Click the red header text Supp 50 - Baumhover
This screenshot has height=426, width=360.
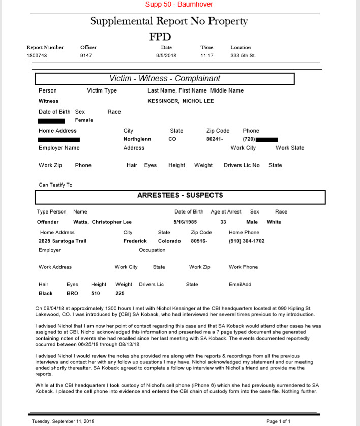tap(179, 5)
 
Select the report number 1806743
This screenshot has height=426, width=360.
tap(37, 55)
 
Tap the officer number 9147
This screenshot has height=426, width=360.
tap(86, 55)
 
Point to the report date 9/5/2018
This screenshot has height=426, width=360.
tap(166, 55)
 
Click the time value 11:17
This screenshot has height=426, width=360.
tap(207, 55)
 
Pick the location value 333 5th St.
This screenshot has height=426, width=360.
tap(243, 55)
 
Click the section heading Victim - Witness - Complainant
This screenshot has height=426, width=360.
tap(165, 79)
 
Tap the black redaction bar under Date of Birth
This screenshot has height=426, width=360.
tap(52, 121)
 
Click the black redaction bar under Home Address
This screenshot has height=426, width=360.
tap(59, 139)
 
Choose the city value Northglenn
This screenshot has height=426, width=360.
tap(137, 139)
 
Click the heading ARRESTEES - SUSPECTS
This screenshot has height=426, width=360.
tap(180, 195)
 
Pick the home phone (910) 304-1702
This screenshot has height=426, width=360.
tap(247, 241)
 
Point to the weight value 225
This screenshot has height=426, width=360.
tap(120, 293)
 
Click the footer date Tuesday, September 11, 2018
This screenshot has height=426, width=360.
tap(63, 421)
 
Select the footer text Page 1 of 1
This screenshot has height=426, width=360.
tap(279, 421)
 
